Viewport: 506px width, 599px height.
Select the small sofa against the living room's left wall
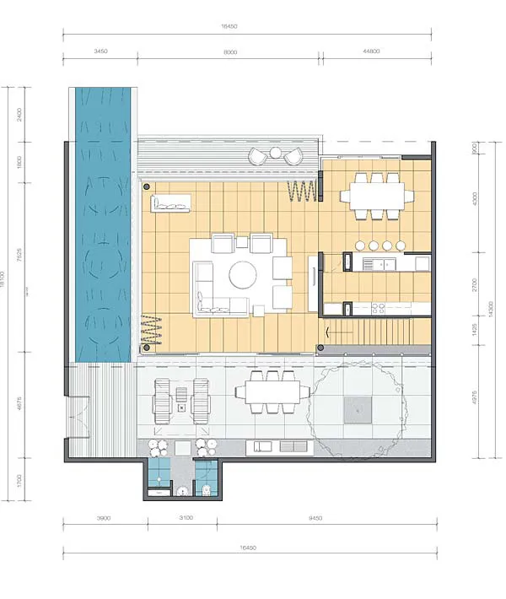[170, 202]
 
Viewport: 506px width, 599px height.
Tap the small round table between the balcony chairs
[276, 155]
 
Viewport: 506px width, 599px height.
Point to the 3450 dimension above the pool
[99, 52]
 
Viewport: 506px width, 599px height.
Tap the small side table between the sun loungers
[181, 407]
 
